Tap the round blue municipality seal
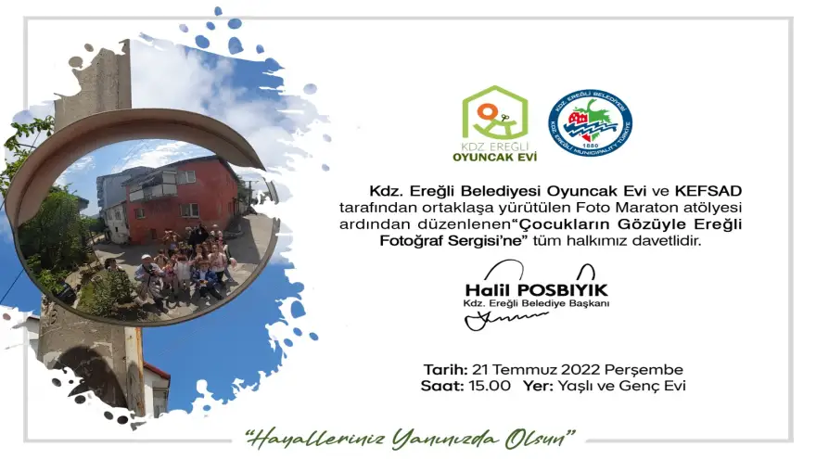coord(590,122)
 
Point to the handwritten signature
coord(505,320)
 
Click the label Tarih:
coord(445,369)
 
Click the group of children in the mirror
coord(185,264)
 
